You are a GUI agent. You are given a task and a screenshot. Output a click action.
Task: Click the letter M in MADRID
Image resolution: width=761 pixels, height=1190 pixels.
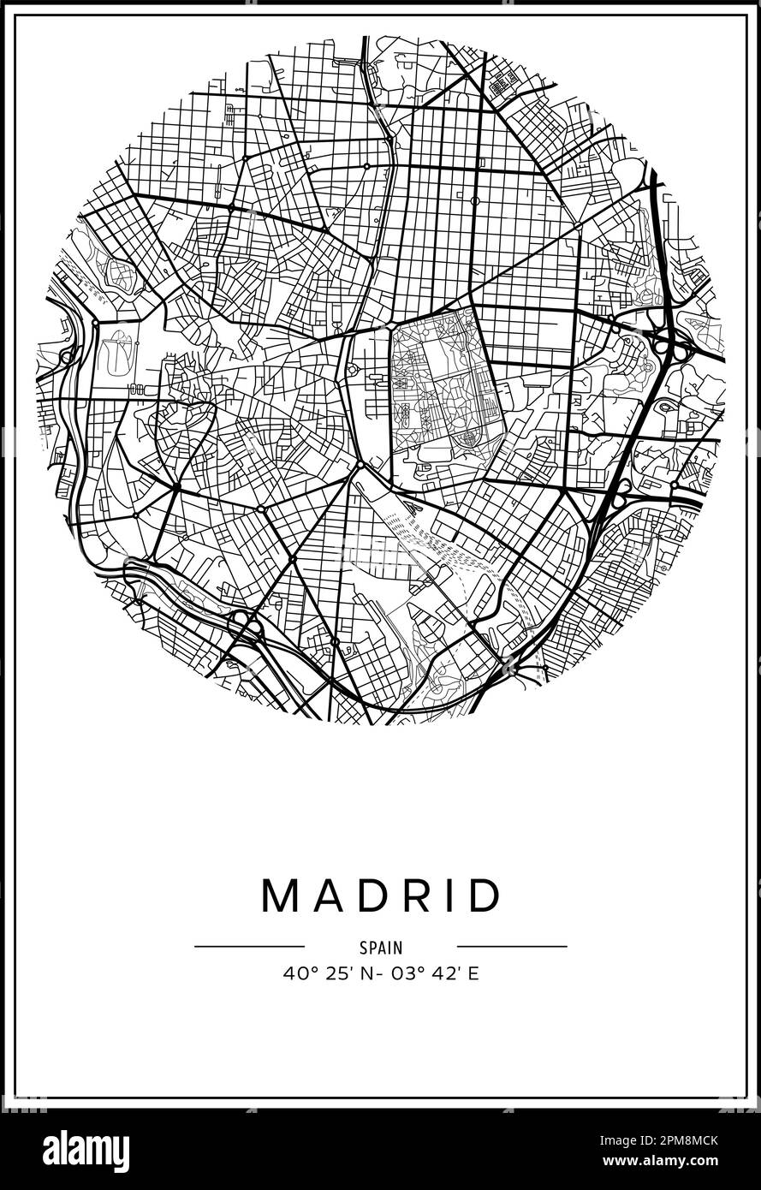tap(280, 895)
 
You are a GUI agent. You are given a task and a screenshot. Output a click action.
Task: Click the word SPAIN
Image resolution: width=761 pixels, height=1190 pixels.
tap(380, 948)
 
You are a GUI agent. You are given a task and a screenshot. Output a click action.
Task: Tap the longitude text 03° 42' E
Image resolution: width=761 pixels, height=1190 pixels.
tap(437, 973)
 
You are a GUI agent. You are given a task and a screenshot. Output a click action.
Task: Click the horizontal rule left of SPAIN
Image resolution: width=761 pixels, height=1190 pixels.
tap(249, 946)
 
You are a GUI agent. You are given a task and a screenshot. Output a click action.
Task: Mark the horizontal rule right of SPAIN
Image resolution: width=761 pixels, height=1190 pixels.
tap(512, 946)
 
